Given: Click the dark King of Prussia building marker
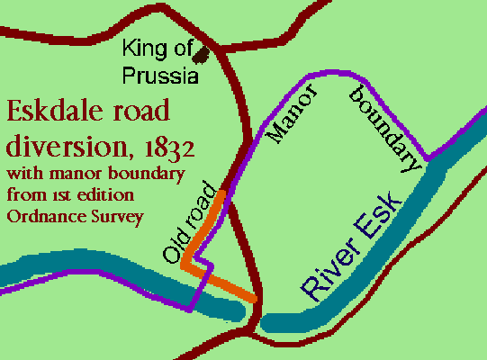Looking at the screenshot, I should pos(205,55).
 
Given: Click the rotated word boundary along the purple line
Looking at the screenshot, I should pos(384,127).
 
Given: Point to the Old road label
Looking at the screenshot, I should pos(188,223).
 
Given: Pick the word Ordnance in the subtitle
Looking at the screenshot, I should pos(39,215).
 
